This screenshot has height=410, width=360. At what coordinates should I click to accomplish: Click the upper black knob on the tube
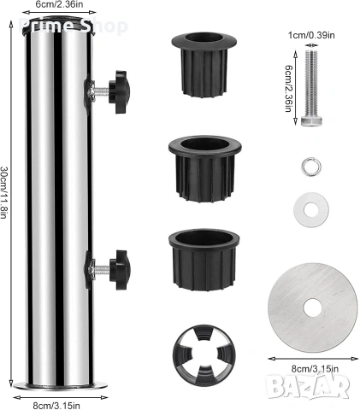[120, 91]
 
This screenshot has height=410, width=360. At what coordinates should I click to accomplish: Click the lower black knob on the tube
[120, 270]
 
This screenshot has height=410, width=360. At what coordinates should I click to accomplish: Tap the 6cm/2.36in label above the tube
[59, 4]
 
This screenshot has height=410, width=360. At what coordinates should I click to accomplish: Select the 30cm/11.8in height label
[3, 192]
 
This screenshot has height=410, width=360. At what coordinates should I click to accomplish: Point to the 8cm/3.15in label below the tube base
[56, 406]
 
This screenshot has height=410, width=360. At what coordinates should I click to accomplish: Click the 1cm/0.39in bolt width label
[311, 35]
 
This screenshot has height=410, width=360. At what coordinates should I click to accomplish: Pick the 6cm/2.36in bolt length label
[288, 88]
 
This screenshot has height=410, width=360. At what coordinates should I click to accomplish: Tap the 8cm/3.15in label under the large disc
[315, 369]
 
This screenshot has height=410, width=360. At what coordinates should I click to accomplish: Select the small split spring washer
[310, 167]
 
